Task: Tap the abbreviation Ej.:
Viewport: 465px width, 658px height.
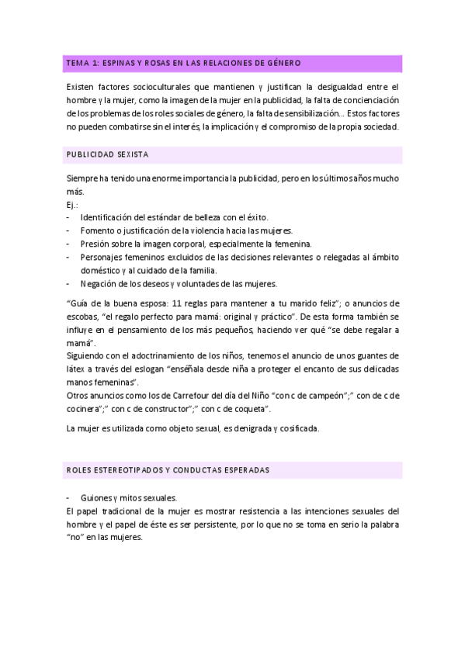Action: tap(73, 204)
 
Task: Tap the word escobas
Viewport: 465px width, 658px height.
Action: tap(82, 316)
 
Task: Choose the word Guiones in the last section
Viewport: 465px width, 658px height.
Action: tap(95, 497)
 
